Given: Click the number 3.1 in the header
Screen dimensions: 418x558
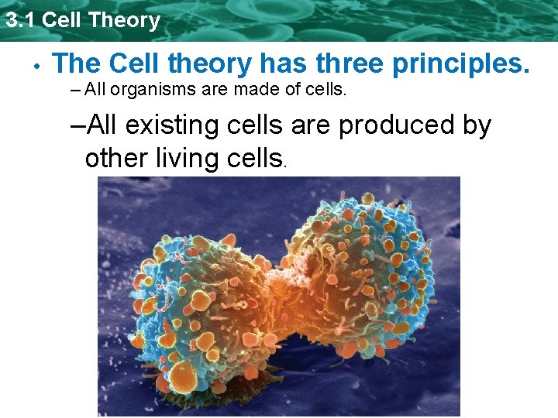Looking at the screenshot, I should tap(20, 20).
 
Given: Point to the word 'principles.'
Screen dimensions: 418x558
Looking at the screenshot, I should tap(461, 64).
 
